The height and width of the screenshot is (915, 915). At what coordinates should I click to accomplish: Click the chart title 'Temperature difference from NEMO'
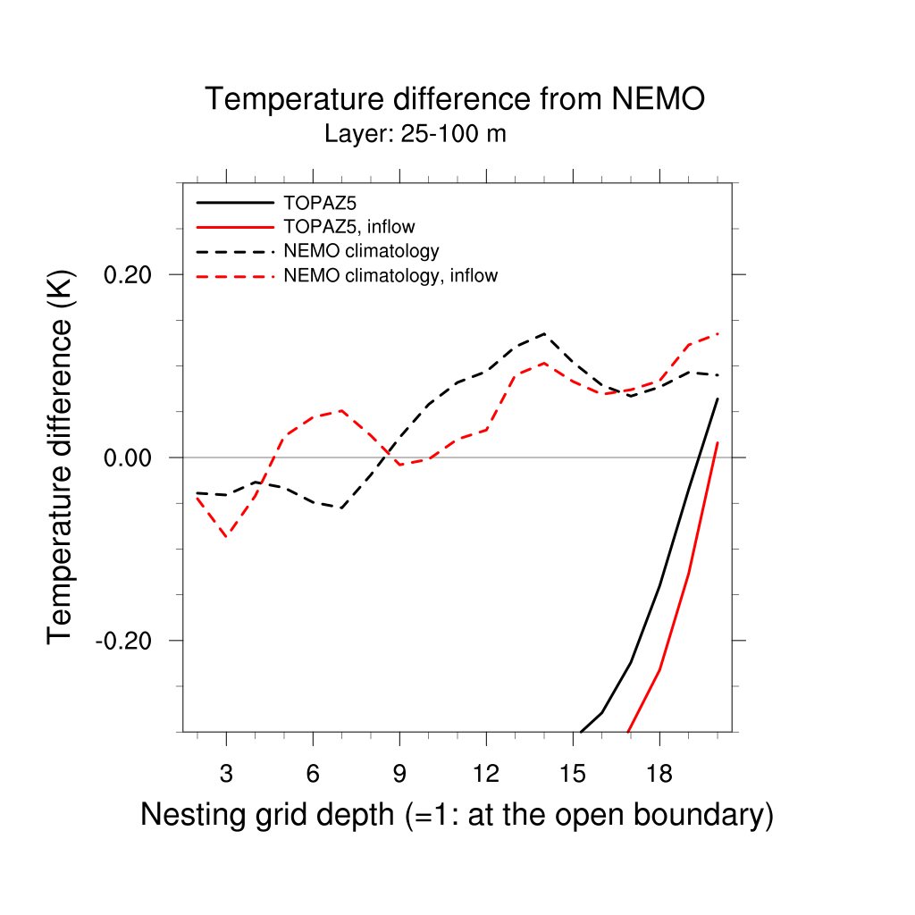coord(455,99)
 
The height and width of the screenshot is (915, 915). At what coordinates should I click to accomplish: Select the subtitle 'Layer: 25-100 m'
coord(416,135)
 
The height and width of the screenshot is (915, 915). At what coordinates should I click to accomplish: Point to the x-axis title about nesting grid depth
coord(457,815)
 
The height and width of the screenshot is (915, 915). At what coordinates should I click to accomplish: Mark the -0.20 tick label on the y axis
coord(128,641)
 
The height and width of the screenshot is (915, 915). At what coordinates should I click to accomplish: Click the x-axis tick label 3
coord(226,774)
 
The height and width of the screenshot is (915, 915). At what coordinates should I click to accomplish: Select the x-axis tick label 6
coord(313,774)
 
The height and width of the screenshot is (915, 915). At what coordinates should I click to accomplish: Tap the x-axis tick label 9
coord(399,774)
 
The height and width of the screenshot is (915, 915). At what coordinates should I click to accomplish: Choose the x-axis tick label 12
coord(486,774)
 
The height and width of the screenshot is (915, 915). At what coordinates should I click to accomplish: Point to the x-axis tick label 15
coord(573,774)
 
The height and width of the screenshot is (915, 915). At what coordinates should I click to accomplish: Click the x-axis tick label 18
coord(659,774)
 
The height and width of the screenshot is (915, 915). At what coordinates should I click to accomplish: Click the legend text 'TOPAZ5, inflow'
coord(348,226)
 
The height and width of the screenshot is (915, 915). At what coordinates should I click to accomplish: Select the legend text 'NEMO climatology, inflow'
coord(390,275)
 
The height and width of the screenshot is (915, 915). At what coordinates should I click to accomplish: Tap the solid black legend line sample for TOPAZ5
coord(234,202)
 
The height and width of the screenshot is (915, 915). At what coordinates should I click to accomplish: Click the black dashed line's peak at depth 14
coord(544,333)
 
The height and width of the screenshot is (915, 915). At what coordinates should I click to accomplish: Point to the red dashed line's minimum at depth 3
coord(226,536)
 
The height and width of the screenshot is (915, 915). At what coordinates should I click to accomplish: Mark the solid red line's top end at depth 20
coord(718,443)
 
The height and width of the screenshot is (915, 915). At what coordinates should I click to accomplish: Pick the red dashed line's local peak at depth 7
coord(341,410)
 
